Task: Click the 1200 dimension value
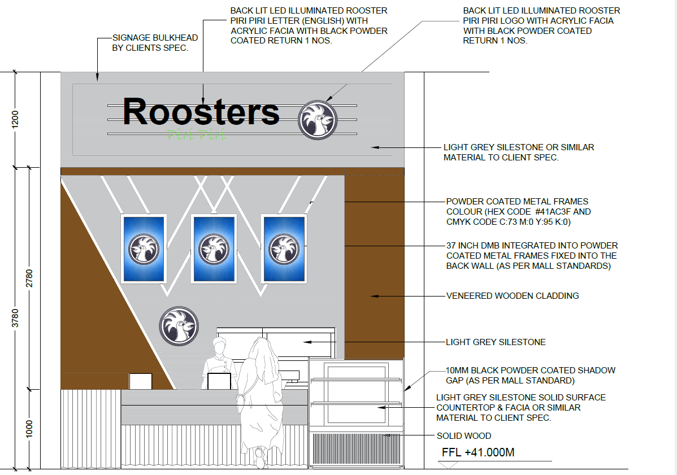[15, 119]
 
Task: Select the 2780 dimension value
[29, 277]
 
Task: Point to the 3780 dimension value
[15, 317]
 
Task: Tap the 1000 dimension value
[29, 429]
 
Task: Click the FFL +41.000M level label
[478, 453]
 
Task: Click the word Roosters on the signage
[201, 112]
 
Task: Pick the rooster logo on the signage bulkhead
[318, 120]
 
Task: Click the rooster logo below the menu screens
[179, 326]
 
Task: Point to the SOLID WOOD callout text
[464, 436]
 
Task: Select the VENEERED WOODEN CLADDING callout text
[512, 295]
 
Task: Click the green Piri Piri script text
[196, 135]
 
